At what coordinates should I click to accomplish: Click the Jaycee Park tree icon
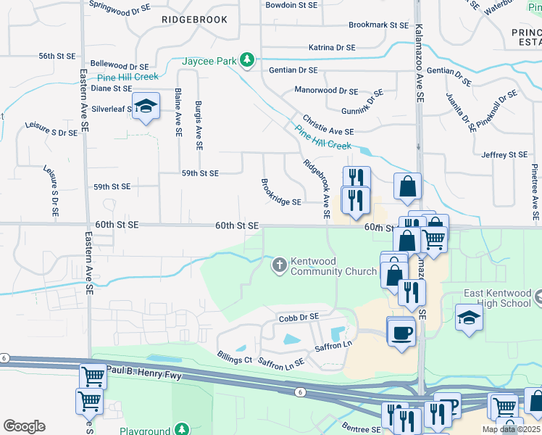click(247, 59)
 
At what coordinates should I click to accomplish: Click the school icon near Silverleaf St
click(146, 106)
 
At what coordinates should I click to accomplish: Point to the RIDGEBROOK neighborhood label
click(194, 20)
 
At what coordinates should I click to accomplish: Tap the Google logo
click(24, 426)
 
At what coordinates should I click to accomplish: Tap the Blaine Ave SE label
click(178, 113)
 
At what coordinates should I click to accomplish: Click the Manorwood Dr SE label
click(326, 91)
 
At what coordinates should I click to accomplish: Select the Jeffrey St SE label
click(504, 154)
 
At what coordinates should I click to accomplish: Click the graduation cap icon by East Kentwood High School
click(468, 317)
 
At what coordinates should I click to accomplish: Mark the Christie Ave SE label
click(328, 127)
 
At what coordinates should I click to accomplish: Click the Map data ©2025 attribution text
click(510, 429)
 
